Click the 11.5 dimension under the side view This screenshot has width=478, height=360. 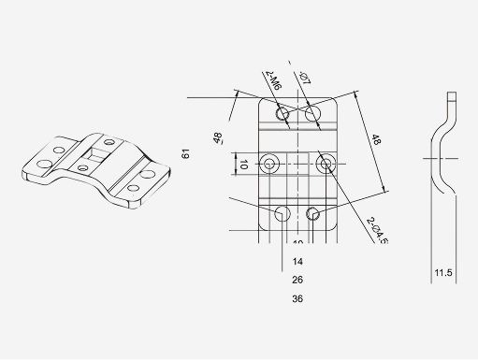point(443,273)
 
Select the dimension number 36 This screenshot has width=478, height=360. point(297,299)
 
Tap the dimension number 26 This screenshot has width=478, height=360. point(297,280)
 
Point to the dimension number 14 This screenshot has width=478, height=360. point(297,261)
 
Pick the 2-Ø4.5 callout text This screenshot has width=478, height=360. point(375,230)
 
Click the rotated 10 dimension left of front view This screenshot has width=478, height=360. point(243,164)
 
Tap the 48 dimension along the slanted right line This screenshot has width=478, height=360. point(376,140)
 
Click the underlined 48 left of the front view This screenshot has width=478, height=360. point(217,138)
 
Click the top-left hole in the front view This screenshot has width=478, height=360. point(282,114)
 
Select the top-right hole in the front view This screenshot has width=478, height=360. point(313,114)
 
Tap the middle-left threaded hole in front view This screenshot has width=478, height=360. point(270,165)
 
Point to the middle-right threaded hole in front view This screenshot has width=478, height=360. point(326,165)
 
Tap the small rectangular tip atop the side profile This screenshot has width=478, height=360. point(453,95)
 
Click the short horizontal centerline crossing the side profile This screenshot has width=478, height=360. point(438,161)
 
